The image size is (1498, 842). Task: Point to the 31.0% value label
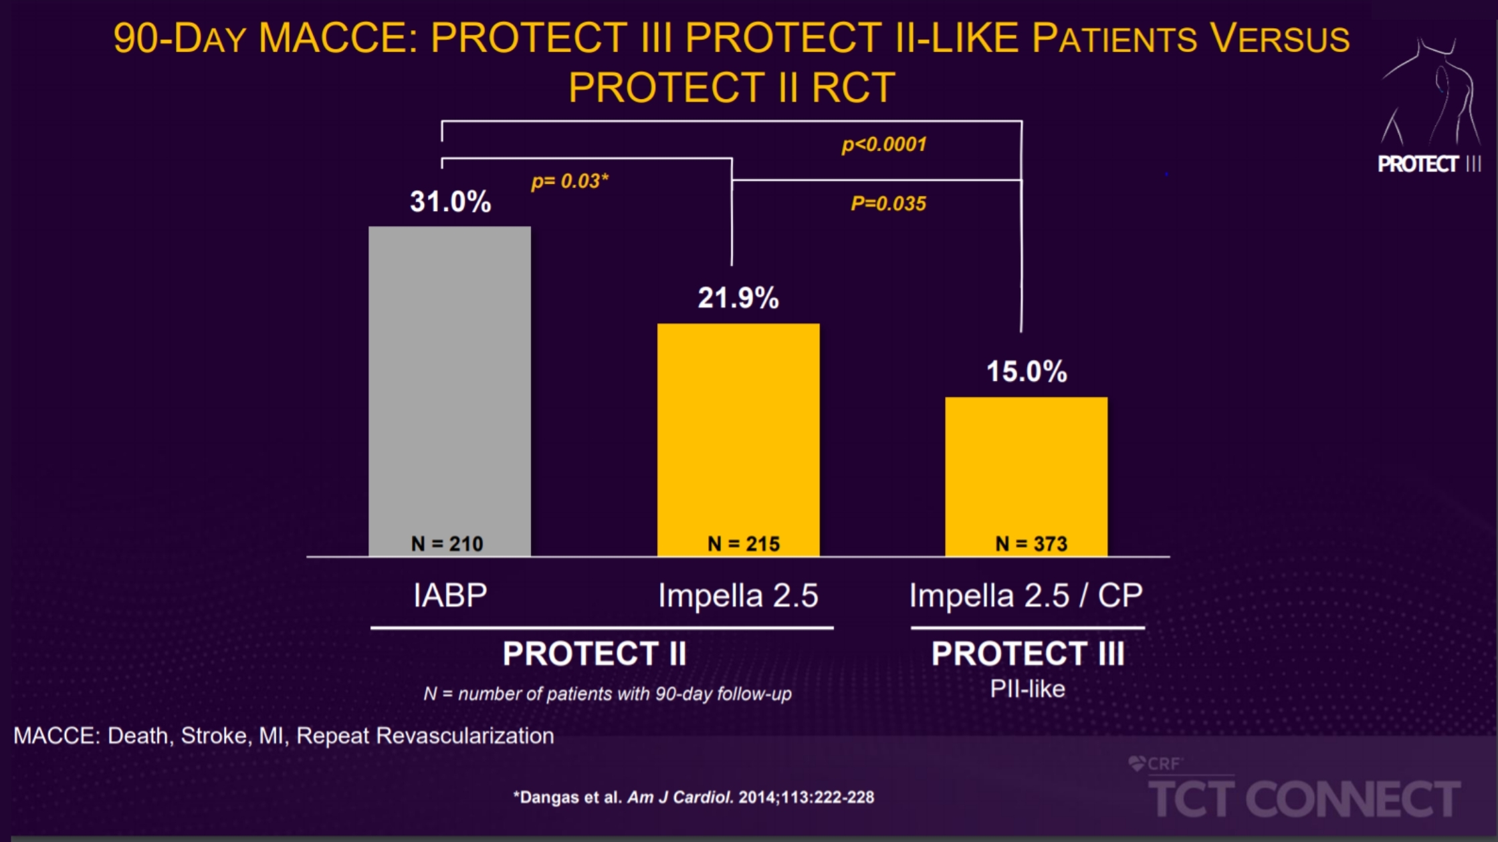pyautogui.click(x=450, y=202)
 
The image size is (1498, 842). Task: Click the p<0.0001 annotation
pyautogui.click(x=884, y=144)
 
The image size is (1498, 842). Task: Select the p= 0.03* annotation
pyautogui.click(x=570, y=181)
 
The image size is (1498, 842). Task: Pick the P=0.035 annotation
pyautogui.click(x=888, y=203)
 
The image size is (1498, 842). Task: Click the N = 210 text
pyautogui.click(x=447, y=544)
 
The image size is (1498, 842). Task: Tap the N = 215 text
pyautogui.click(x=744, y=544)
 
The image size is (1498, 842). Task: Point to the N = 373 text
pyautogui.click(x=1031, y=544)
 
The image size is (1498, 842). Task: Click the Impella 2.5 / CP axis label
pyautogui.click(x=1026, y=595)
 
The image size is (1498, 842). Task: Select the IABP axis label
pyautogui.click(x=450, y=595)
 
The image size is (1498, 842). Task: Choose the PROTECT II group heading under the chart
pyautogui.click(x=595, y=654)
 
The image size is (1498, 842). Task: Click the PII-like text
pyautogui.click(x=1027, y=689)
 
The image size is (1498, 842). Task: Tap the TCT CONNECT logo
pyautogui.click(x=1304, y=798)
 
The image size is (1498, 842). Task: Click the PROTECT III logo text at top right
pyautogui.click(x=1428, y=164)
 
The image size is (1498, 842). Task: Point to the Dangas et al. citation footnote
pyautogui.click(x=693, y=797)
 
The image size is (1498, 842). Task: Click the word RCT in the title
pyautogui.click(x=853, y=88)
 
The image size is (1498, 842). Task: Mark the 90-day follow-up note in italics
pyautogui.click(x=607, y=694)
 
